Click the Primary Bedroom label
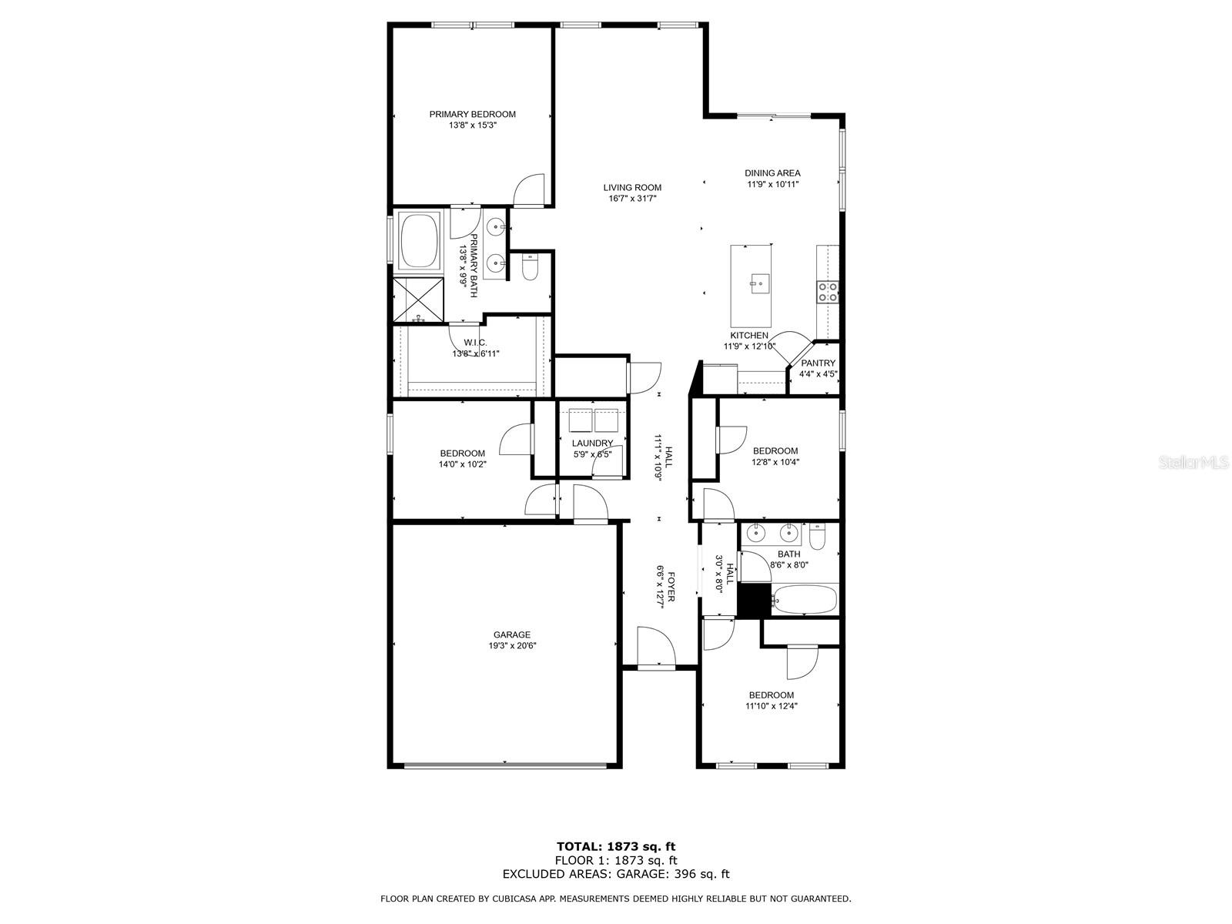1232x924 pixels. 472,114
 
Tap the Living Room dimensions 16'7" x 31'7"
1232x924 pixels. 632,199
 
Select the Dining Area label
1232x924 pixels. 772,173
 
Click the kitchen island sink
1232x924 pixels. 758,283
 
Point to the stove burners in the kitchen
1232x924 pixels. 828,291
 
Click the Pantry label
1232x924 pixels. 818,363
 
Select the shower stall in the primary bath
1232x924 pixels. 418,298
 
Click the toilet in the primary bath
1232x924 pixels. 530,268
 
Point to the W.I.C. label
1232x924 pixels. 475,343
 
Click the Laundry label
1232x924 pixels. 592,443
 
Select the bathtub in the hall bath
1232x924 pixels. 805,599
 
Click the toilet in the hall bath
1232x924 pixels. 817,534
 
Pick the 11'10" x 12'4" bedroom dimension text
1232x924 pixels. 771,705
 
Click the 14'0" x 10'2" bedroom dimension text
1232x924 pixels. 462,464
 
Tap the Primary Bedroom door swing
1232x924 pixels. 530,189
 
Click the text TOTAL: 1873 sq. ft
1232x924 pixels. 616,847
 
